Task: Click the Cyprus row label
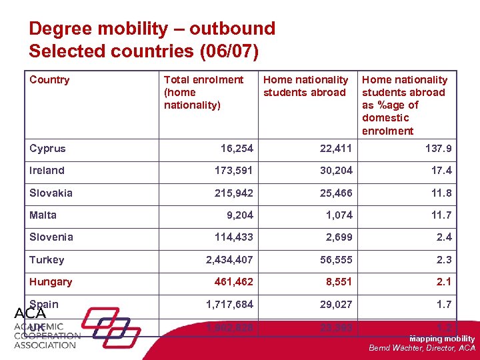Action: (x=47, y=148)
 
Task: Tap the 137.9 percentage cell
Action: (x=438, y=148)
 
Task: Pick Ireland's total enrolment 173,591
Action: (x=233, y=171)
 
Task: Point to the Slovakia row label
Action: (x=51, y=193)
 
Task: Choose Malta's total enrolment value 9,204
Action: (x=237, y=215)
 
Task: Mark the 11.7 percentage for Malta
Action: (x=441, y=215)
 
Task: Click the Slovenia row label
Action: (x=51, y=237)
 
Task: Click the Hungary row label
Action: (x=51, y=281)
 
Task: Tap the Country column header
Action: (x=49, y=80)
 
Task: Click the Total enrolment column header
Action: (x=203, y=92)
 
